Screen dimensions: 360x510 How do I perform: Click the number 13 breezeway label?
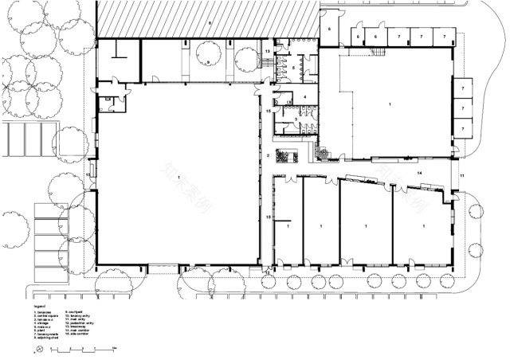[x=269, y=52]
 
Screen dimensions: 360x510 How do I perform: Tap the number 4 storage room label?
[x=304, y=97]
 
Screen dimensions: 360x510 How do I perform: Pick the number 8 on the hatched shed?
[x=210, y=25]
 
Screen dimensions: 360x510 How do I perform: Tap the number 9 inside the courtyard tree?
[x=208, y=61]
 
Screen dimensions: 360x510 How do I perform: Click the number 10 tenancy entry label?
[x=88, y=173]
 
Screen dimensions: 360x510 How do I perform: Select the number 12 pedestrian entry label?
[x=269, y=273]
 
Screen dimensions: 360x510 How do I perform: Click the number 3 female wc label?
[x=297, y=118]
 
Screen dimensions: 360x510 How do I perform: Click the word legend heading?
[x=38, y=305]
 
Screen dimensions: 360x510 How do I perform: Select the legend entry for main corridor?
[x=78, y=330]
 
